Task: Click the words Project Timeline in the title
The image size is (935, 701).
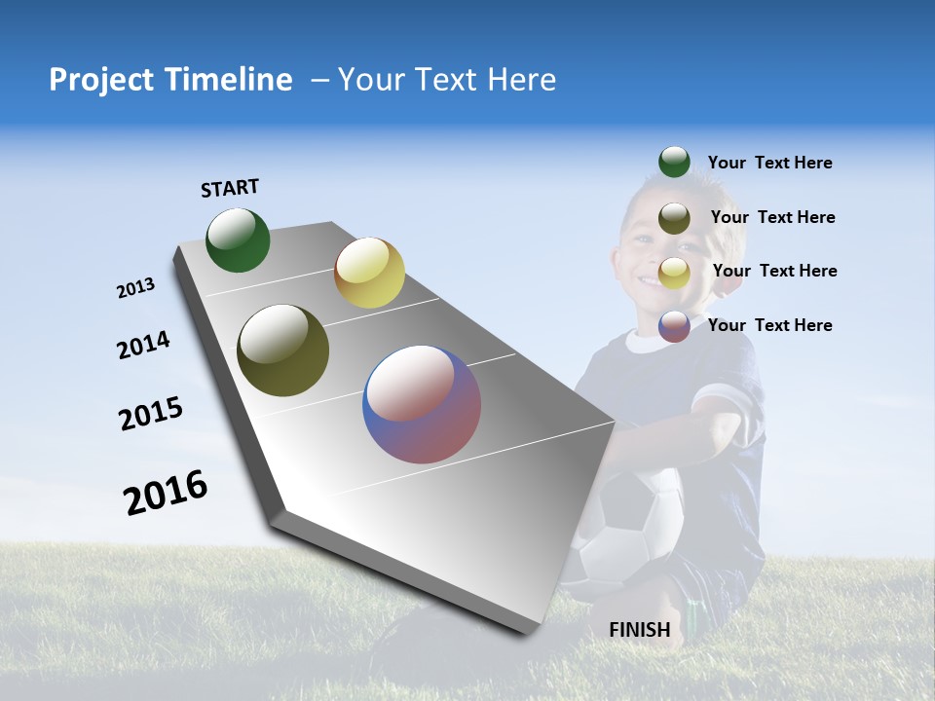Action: click(170, 80)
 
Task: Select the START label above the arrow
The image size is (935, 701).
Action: click(230, 188)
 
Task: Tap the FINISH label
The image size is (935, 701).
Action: click(639, 630)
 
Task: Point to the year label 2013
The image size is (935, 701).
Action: click(135, 288)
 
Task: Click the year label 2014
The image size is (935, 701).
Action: click(143, 345)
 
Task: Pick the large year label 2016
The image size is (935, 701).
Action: click(166, 492)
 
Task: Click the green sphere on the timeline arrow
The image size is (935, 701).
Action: click(238, 240)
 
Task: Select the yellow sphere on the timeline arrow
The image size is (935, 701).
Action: click(369, 273)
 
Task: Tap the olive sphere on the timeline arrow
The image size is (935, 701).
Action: click(283, 350)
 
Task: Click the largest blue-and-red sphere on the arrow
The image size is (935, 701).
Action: click(422, 404)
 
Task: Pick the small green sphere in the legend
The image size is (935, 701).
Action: click(674, 163)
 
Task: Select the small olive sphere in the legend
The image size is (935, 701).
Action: click(674, 218)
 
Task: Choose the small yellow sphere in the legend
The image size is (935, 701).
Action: click(674, 273)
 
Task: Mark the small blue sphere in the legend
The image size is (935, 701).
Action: click(674, 326)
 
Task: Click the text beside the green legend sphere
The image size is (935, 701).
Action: click(769, 163)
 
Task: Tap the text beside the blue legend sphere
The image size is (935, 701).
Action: click(769, 325)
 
